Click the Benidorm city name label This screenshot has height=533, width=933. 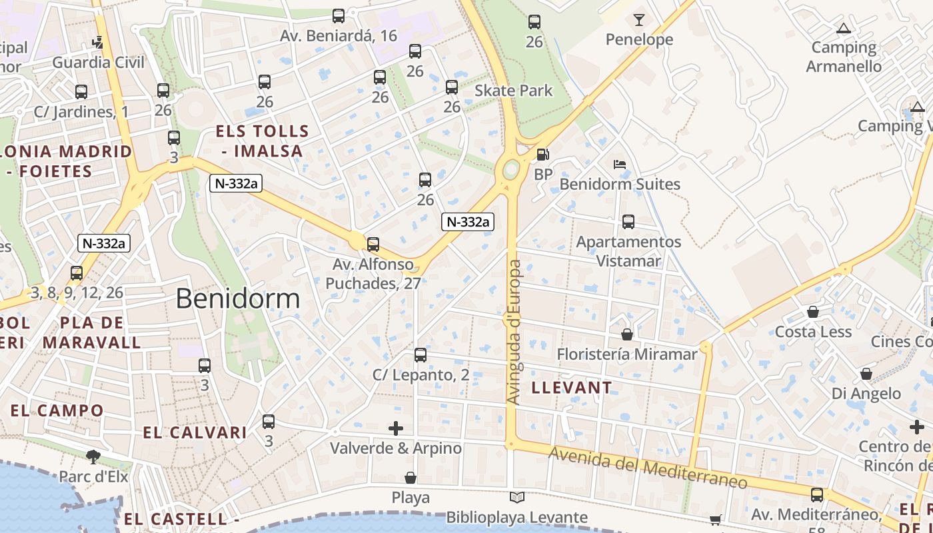click(238, 298)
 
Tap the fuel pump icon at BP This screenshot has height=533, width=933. click(543, 155)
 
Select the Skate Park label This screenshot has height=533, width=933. click(514, 90)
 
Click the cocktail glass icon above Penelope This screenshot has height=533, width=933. click(639, 19)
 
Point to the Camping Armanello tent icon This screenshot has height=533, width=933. click(844, 29)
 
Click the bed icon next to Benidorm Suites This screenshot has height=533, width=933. click(620, 164)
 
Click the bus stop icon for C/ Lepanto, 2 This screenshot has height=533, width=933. click(420, 355)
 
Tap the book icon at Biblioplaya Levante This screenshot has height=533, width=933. click(516, 497)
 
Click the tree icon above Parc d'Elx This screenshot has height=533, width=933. click(93, 456)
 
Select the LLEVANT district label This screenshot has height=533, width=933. click(572, 388)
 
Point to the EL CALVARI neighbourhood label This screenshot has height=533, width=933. click(195, 432)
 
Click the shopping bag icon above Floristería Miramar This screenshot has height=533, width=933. click(626, 334)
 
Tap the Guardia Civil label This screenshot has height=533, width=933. click(98, 63)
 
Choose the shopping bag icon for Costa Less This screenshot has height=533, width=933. click(813, 312)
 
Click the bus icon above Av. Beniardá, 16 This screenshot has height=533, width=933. click(339, 16)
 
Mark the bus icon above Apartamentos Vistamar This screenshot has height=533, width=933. click(628, 222)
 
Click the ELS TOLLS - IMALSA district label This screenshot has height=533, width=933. click(263, 141)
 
